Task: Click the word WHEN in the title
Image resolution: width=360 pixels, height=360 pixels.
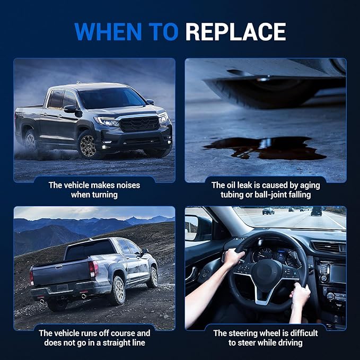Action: click(108, 32)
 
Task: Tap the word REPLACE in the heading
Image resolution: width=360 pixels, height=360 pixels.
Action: click(235, 32)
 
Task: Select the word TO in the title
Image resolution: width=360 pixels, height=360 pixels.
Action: click(163, 32)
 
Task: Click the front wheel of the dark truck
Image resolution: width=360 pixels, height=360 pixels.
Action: click(87, 145)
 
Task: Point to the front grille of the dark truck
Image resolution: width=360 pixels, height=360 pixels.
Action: click(139, 124)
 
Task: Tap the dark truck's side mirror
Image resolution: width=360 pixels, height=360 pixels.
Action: click(71, 109)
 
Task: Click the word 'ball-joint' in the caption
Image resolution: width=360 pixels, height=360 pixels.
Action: click(269, 195)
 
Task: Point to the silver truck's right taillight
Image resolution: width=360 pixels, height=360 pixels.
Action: click(94, 269)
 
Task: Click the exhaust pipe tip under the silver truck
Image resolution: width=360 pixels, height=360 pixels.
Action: click(84, 296)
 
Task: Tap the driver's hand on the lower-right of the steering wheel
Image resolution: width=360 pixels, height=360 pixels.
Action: click(300, 295)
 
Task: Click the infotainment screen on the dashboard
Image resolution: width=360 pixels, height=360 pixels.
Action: click(338, 274)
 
